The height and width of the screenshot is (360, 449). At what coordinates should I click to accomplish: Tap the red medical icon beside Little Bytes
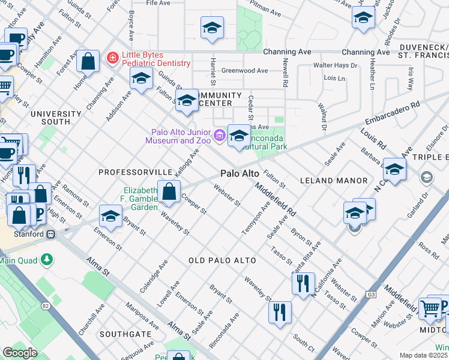(x=112, y=58)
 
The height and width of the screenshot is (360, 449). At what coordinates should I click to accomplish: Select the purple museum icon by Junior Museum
(x=219, y=135)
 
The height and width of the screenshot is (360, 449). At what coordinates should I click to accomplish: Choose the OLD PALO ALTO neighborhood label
(x=222, y=260)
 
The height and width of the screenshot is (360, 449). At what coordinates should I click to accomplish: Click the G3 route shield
(x=371, y=295)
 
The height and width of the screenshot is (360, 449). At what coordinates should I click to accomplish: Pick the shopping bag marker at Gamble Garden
(x=169, y=192)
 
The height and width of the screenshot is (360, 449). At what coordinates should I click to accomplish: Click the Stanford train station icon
(x=52, y=234)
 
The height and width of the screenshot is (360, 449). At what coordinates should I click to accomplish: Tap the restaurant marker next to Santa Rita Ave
(x=303, y=283)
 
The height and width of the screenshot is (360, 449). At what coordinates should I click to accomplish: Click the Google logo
(x=20, y=353)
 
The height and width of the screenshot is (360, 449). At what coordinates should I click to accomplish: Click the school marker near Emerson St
(x=111, y=216)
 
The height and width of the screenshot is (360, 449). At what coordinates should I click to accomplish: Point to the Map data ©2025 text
(x=423, y=355)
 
